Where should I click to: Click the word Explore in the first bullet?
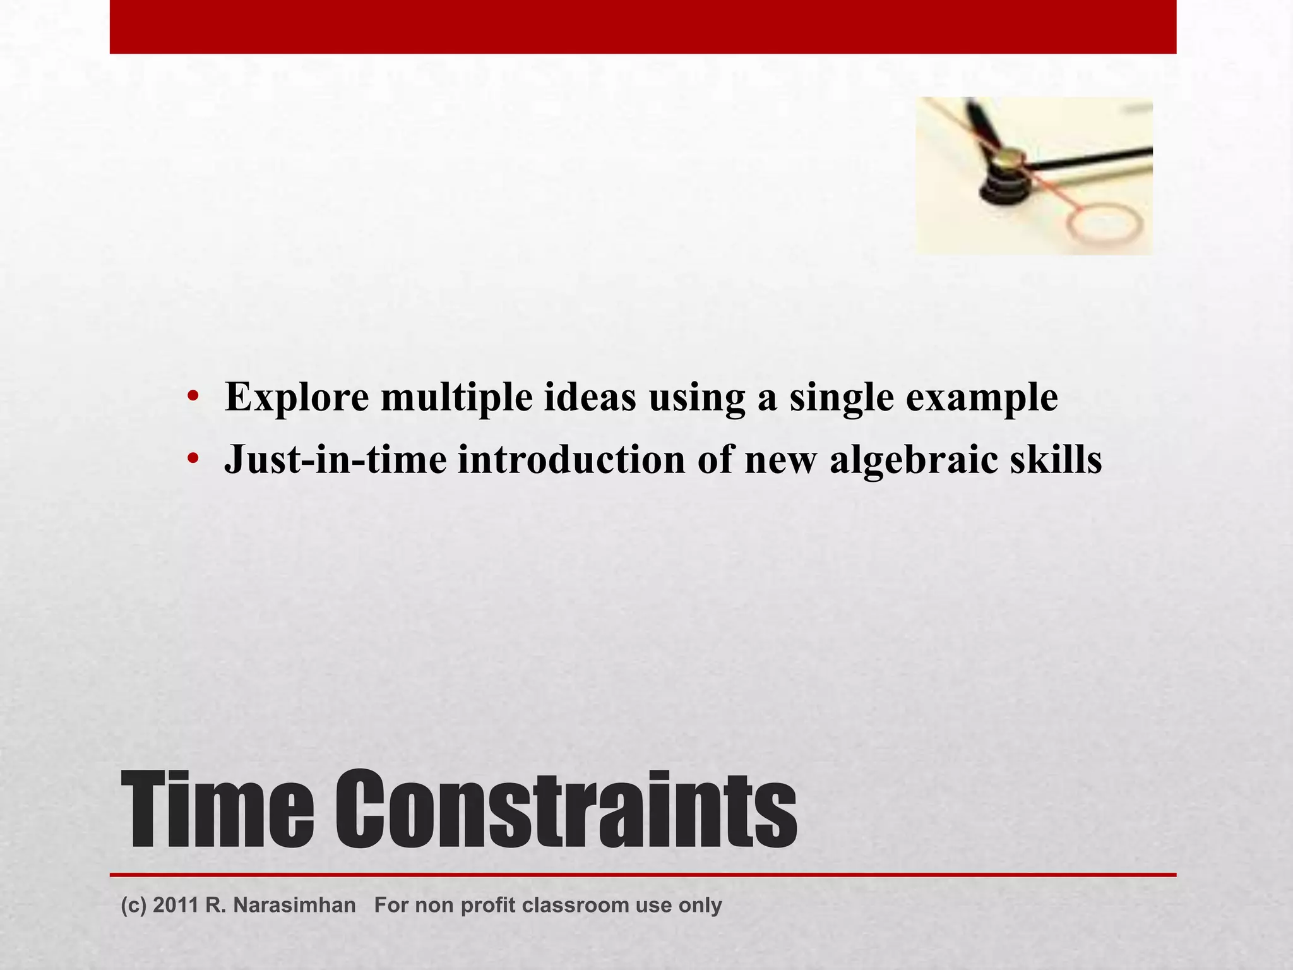coord(297,398)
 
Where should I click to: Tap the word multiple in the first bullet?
coord(456,398)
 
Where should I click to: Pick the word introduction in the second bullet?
coord(571,459)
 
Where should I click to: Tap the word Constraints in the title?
coord(565,810)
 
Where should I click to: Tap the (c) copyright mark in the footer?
coord(133,905)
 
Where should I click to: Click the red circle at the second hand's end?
coord(1104,225)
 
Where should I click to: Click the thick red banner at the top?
coord(643,27)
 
